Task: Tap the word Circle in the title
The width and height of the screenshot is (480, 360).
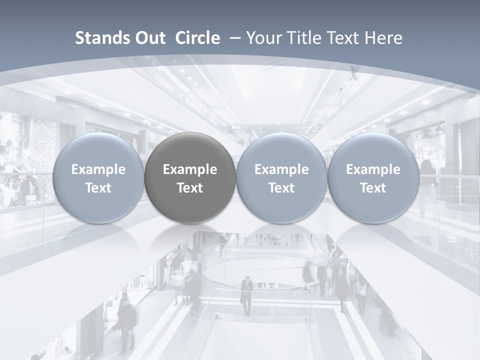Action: click(x=197, y=38)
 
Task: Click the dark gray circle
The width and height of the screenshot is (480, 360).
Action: click(x=190, y=177)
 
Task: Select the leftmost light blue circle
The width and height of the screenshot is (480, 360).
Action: click(x=98, y=177)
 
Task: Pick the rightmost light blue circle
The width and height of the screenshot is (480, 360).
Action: click(x=373, y=177)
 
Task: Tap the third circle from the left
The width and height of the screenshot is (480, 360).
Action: click(x=281, y=177)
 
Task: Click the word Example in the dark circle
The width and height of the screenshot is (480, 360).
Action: click(x=190, y=169)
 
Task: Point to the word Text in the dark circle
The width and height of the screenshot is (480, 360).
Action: click(x=190, y=188)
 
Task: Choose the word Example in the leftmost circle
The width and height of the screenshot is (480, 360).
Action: click(x=98, y=169)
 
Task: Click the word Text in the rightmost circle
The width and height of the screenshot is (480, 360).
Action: click(x=373, y=188)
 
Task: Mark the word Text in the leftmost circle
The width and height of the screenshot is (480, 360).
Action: click(x=98, y=188)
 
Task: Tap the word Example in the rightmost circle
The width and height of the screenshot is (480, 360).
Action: click(x=373, y=169)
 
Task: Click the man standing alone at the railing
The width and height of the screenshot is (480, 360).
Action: click(x=246, y=295)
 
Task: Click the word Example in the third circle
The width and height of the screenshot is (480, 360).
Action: click(x=281, y=169)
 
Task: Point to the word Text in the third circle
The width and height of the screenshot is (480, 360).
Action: click(x=281, y=188)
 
